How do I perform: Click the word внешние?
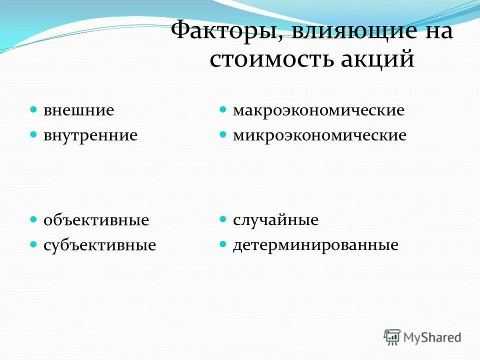tap(78, 110)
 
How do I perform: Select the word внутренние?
tap(90, 135)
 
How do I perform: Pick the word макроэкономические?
tap(318, 110)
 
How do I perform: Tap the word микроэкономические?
tap(319, 135)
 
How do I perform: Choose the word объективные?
tap(96, 220)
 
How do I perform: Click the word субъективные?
tap(99, 245)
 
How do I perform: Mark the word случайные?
tap(275, 220)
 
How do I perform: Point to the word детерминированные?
tap(315, 245)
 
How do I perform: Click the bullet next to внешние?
tap(33, 109)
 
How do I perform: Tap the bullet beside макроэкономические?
tap(223, 109)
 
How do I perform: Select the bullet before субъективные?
tap(33, 244)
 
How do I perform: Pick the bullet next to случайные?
tap(223, 219)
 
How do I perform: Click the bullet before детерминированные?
tap(223, 244)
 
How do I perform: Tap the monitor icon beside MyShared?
tap(392, 336)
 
